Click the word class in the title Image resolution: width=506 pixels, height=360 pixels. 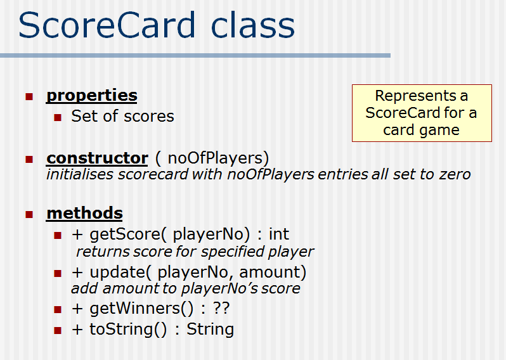click(x=252, y=25)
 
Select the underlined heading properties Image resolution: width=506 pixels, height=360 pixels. click(x=92, y=96)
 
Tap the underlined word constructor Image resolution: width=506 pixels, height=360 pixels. click(x=97, y=158)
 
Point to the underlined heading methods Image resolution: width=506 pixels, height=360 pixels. click(x=84, y=213)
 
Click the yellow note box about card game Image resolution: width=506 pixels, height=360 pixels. click(x=422, y=113)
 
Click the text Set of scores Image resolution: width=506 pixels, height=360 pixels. click(x=122, y=116)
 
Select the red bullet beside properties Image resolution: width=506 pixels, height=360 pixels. click(x=29, y=96)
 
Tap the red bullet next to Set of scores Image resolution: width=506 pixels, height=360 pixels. click(x=58, y=117)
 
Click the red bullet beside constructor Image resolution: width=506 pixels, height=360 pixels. click(x=29, y=158)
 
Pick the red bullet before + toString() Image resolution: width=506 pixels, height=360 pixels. click(x=58, y=330)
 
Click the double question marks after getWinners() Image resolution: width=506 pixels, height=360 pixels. click(x=222, y=309)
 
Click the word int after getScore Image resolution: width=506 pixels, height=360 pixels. click(x=278, y=235)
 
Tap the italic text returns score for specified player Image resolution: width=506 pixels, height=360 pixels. click(x=195, y=252)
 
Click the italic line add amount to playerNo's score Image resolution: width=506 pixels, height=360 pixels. click(x=185, y=289)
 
